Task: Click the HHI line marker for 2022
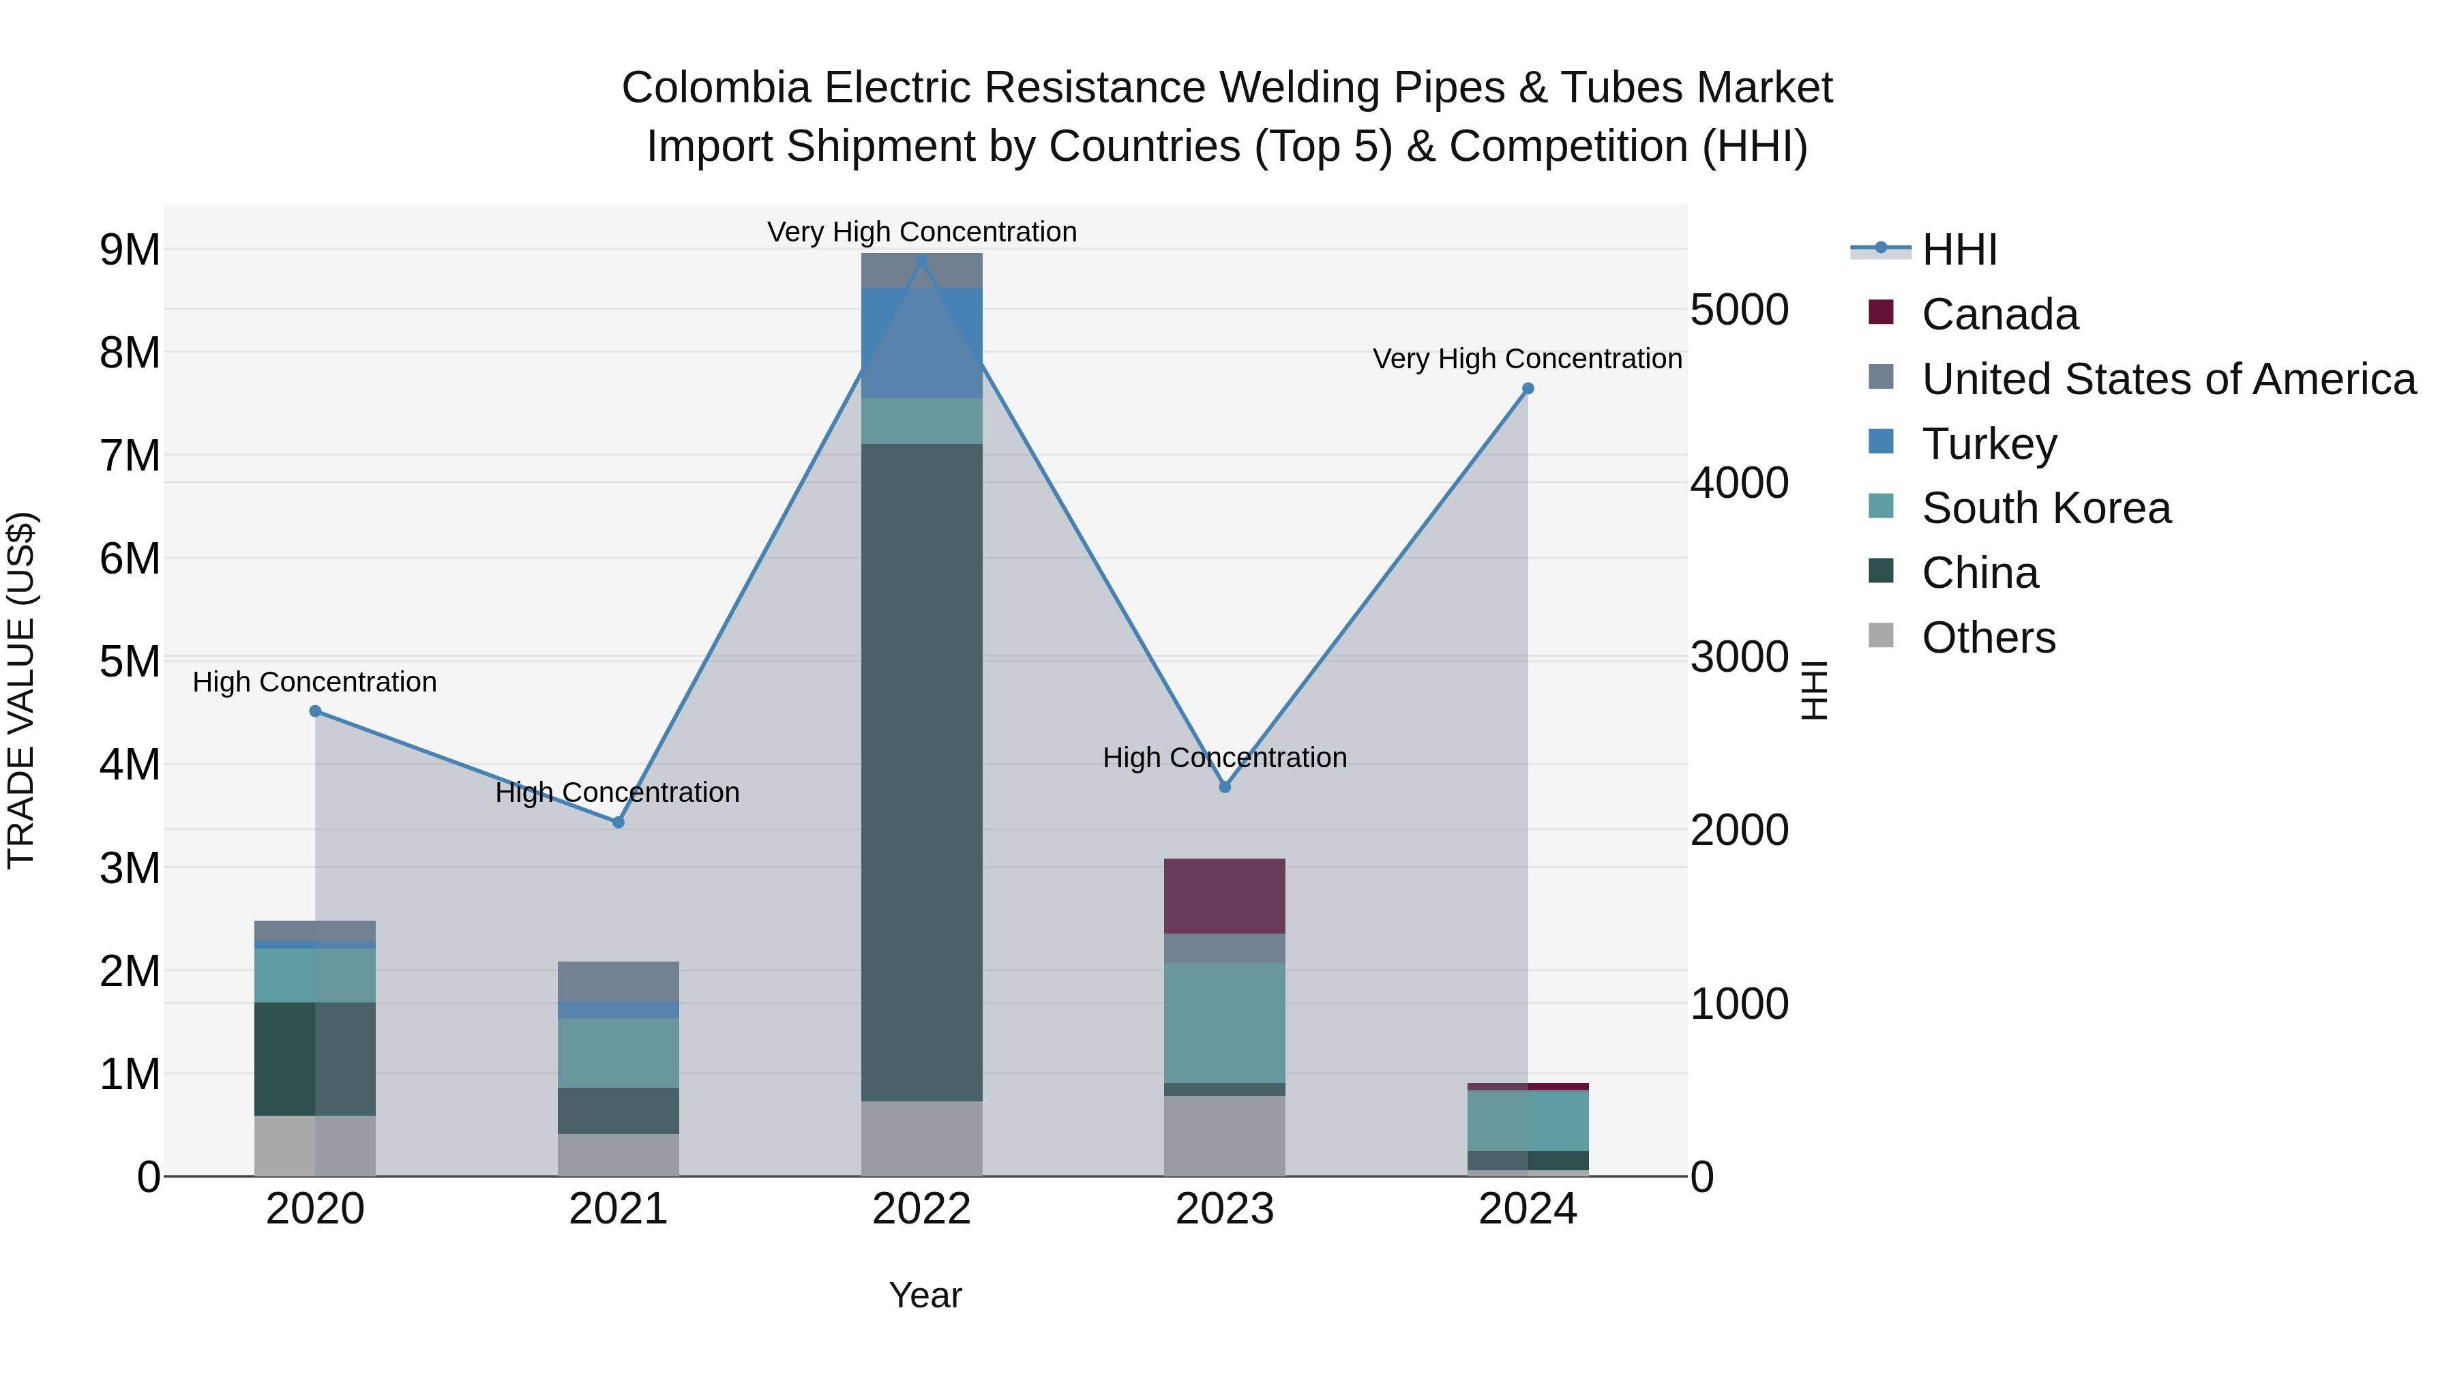(921, 261)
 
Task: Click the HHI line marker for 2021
(618, 822)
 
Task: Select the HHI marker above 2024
(1528, 389)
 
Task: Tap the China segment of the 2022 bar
(921, 772)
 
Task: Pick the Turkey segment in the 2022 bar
(921, 343)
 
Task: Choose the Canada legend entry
(1999, 314)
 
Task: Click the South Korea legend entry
(2045, 508)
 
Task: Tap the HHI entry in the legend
(1959, 250)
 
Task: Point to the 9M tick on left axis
(130, 250)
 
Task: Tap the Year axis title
(925, 1295)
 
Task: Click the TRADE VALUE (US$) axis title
(21, 690)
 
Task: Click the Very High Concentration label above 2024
(1527, 359)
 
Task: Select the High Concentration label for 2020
(314, 683)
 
